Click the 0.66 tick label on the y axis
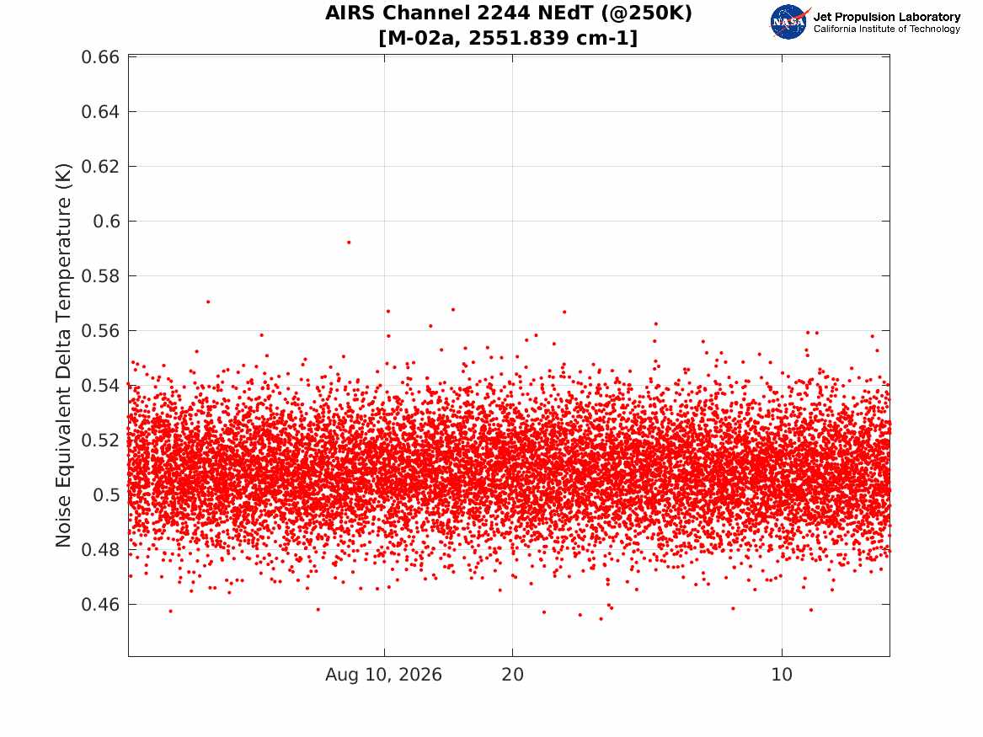tap(100, 57)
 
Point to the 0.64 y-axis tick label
tap(100, 111)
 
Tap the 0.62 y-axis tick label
tap(100, 167)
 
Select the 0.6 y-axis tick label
tap(106, 222)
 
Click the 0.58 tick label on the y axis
tap(100, 275)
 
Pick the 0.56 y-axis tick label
tap(100, 330)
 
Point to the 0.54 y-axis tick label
tap(100, 386)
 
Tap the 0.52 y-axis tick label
tap(100, 440)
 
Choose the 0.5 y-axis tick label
tap(106, 494)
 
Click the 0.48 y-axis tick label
tap(100, 550)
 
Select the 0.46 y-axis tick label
tap(100, 604)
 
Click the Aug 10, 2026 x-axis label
tap(383, 675)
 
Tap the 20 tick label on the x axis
tap(512, 675)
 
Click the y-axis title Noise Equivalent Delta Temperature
tap(63, 355)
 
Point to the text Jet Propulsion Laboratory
tap(887, 17)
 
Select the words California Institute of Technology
tap(887, 29)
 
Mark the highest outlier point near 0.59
tap(349, 242)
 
